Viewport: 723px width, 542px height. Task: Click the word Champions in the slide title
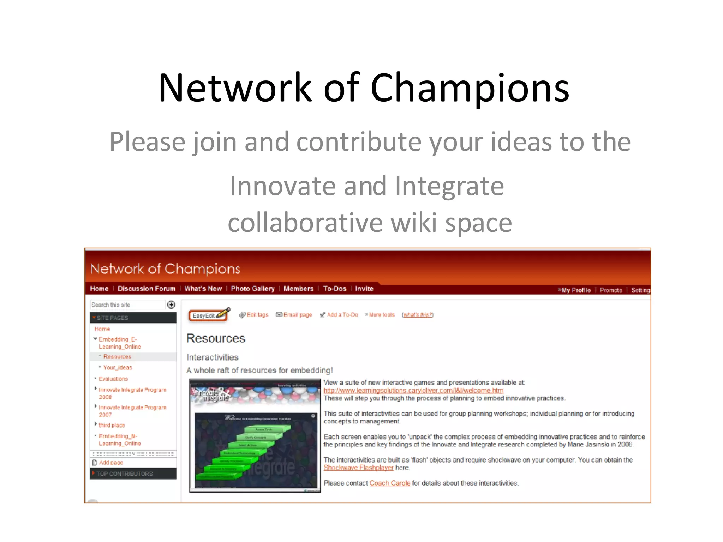[470, 88]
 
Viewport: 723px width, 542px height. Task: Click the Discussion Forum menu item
[146, 289]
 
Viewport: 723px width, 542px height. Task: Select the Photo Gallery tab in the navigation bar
[252, 289]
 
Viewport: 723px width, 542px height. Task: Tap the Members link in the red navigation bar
[298, 289]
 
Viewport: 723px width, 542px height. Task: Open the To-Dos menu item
[334, 289]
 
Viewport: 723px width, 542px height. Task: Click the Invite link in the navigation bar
[364, 289]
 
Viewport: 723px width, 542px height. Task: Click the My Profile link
[575, 290]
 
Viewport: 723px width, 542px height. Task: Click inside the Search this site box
[127, 305]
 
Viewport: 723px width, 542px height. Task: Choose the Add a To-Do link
[342, 315]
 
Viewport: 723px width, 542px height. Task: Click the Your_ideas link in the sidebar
[118, 367]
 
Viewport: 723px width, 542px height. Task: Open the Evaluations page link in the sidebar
[113, 379]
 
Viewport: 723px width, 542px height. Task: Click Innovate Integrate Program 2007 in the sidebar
[132, 411]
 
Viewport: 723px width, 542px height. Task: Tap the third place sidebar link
[112, 425]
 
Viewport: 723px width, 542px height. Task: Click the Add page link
[111, 463]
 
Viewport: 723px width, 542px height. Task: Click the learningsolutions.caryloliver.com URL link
[413, 391]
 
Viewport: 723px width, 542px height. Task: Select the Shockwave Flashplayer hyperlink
[358, 468]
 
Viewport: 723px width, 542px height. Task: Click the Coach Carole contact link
[389, 483]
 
